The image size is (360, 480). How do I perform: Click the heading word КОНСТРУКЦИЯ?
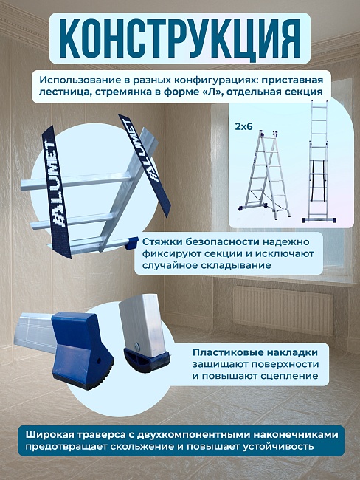pyautogui.click(x=179, y=35)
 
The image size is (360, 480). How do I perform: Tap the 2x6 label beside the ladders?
pyautogui.click(x=244, y=126)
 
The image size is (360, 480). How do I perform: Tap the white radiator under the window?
pyautogui.click(x=283, y=310)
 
